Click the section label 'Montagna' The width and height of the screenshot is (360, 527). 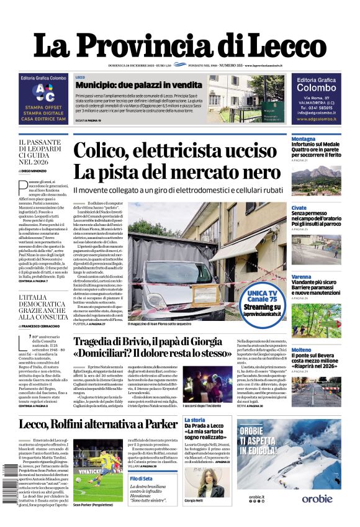304,139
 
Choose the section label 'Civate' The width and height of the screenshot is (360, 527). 299,208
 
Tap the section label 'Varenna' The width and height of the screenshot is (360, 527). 301,276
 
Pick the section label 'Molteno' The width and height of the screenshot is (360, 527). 301,350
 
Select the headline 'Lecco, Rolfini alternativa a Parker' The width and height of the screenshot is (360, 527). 98,425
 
